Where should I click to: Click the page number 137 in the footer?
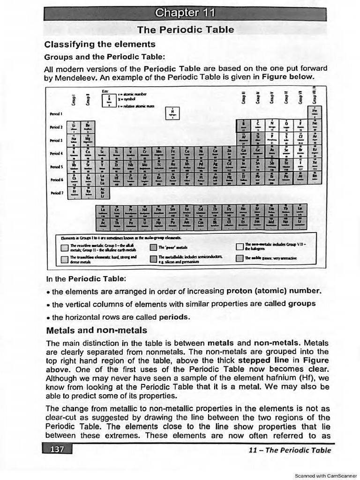point(57,450)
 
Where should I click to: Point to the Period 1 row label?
point(56,114)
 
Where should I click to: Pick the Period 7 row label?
point(56,193)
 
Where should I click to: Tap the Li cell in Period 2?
point(74,127)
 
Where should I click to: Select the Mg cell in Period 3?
point(87,140)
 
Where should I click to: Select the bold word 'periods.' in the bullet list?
point(174,317)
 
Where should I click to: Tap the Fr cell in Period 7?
point(74,192)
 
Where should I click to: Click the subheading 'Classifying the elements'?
point(99,45)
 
